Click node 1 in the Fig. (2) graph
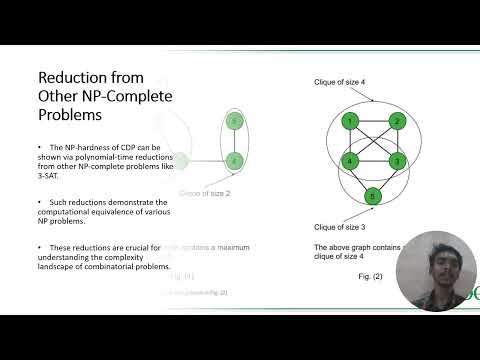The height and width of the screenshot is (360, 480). pos(349,122)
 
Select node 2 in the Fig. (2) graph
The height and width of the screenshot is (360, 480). pos(397,122)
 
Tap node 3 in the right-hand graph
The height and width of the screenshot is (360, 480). pos(397,160)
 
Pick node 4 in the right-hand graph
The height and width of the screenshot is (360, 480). pos(349,160)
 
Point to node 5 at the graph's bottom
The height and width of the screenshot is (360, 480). pos(373,196)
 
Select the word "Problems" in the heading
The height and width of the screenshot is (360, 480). pos(71,116)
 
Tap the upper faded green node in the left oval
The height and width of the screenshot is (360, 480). pos(234,122)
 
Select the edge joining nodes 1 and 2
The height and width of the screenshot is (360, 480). pos(373,122)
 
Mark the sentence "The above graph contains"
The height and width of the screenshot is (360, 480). pos(355,247)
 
